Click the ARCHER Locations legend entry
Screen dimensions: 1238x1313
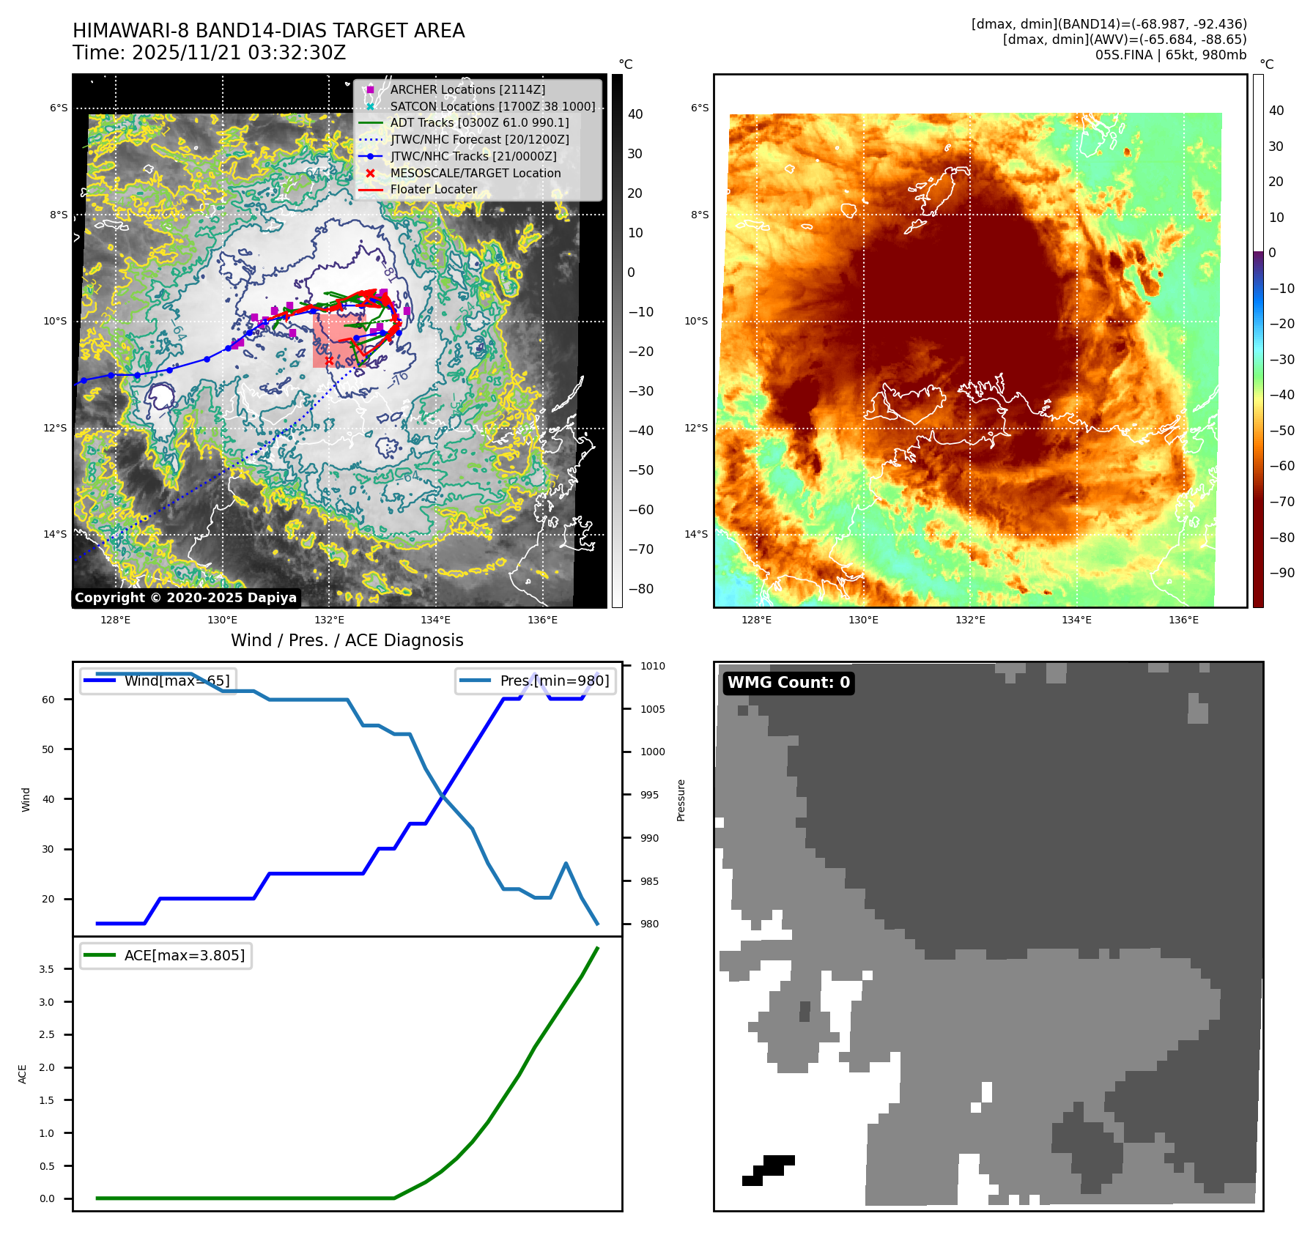pos(467,89)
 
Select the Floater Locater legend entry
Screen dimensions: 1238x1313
pos(433,189)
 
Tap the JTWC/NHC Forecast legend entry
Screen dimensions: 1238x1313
pos(479,139)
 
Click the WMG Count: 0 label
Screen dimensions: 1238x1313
pos(788,683)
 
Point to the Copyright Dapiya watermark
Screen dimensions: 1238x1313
pos(185,598)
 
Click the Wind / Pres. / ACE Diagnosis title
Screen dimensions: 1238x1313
pos(347,640)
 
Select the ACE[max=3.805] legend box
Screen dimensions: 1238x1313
pos(166,955)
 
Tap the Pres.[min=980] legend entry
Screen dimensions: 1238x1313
pos(536,681)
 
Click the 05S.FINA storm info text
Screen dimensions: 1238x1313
pos(1170,55)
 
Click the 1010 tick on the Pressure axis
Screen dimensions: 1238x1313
pos(652,666)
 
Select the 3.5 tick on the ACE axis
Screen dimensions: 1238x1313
pos(47,969)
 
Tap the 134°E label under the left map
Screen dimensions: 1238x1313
pos(435,620)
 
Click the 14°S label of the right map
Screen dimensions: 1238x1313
pos(696,534)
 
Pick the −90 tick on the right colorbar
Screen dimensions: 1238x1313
pos(1281,573)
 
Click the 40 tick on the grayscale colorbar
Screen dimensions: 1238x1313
pos(635,114)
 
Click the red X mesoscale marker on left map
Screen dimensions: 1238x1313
pos(329,360)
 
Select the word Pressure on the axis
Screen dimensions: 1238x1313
pos(681,800)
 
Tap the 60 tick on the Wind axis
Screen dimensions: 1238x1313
pos(48,700)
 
